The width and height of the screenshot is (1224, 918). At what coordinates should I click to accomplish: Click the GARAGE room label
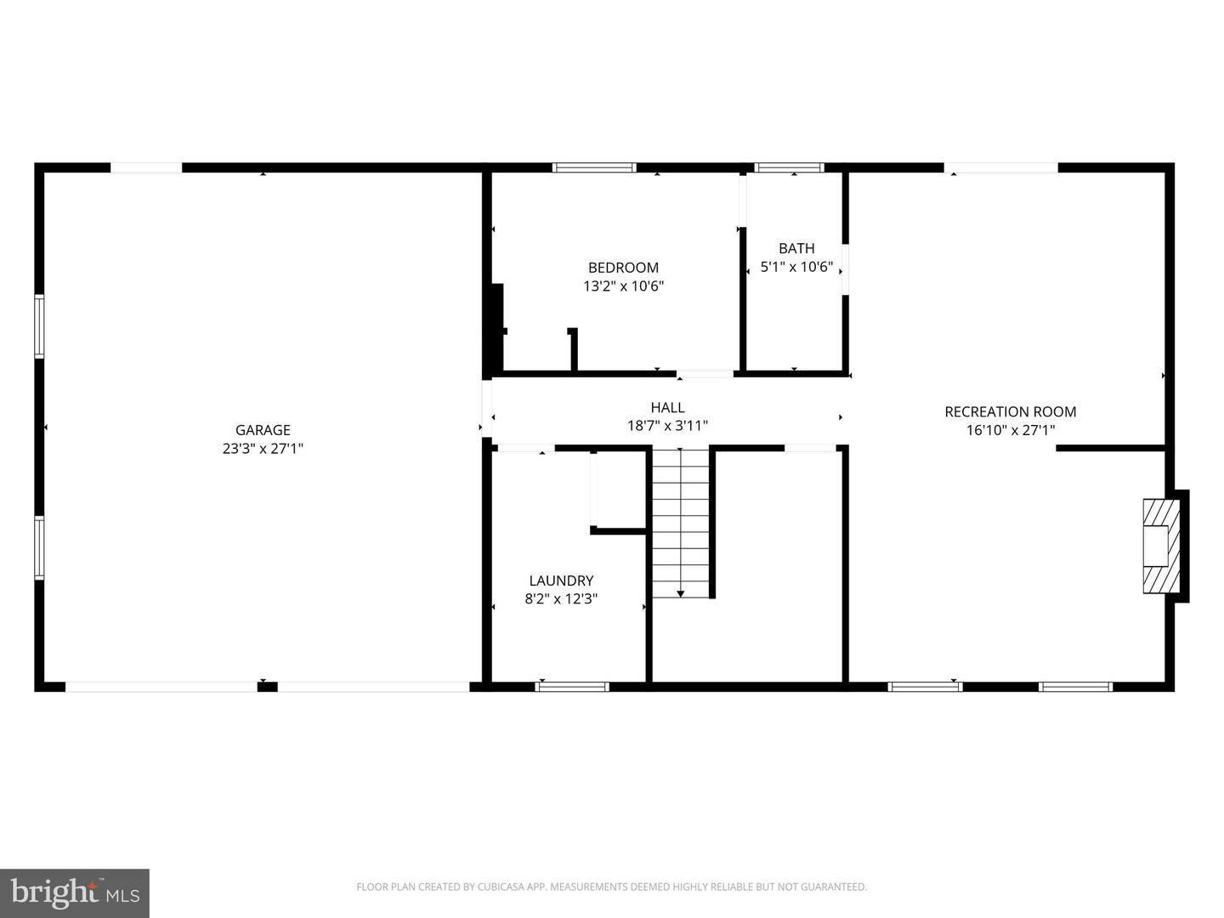(x=263, y=430)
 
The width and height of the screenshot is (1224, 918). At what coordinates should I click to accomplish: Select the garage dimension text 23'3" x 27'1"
(x=263, y=448)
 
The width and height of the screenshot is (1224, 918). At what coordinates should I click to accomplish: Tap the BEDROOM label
(x=623, y=268)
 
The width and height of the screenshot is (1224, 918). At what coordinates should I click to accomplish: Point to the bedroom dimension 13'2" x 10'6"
(x=623, y=286)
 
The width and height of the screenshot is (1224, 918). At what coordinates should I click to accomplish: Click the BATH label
(x=796, y=248)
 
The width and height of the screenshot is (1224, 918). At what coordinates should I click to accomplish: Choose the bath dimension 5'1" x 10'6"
(x=796, y=266)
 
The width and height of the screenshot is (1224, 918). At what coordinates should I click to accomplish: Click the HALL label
(x=667, y=407)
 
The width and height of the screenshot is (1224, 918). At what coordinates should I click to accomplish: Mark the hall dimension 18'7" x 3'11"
(x=667, y=426)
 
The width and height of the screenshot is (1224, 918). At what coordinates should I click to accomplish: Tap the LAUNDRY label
(x=561, y=581)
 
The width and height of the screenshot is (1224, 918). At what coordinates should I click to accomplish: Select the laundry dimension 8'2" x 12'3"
(x=561, y=598)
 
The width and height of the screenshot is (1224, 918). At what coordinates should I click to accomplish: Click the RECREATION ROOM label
(x=1011, y=412)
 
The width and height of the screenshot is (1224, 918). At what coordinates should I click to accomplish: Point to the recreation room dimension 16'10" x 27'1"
(x=1011, y=430)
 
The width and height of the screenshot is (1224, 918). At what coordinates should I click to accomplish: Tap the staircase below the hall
(x=680, y=523)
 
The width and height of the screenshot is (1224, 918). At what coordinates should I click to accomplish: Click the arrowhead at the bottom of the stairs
(x=680, y=594)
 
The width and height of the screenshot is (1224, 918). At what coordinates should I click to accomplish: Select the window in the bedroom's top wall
(x=594, y=167)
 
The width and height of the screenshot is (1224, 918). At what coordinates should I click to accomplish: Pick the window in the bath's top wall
(x=789, y=167)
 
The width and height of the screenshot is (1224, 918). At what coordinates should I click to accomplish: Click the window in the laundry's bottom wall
(x=572, y=687)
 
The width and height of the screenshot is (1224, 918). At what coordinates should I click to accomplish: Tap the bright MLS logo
(x=75, y=892)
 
